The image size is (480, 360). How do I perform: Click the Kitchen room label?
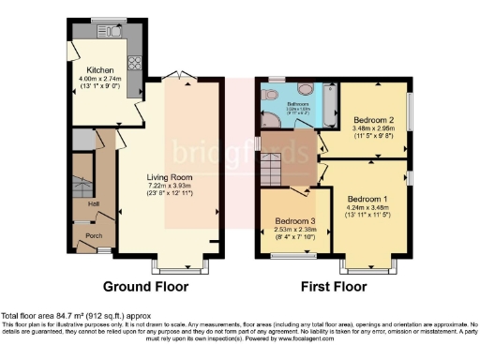click(100, 70)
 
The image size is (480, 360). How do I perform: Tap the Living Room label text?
click(169, 176)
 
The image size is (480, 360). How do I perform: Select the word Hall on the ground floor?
click(94, 202)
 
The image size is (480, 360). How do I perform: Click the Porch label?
click(94, 235)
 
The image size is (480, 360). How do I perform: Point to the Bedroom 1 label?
click(367, 200)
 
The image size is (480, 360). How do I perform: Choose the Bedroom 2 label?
click(371, 120)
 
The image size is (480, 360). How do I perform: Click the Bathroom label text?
click(297, 104)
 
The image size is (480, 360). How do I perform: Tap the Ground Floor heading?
click(145, 287)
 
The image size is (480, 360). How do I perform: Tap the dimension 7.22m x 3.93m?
click(169, 187)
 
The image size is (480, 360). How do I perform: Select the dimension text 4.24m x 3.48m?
click(367, 210)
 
